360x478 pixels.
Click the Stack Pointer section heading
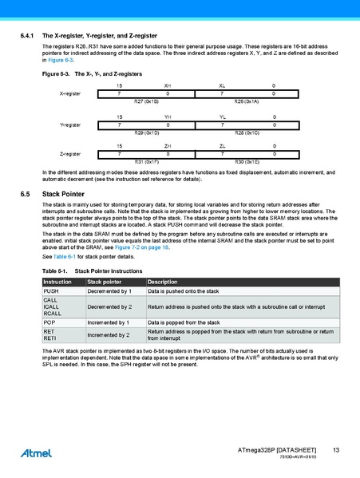tap(64, 194)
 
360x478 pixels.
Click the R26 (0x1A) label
tap(246, 102)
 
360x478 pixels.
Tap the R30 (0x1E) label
tap(246, 161)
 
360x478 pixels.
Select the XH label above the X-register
tap(167, 85)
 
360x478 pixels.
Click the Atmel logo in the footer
tap(37, 453)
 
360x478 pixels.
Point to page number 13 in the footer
tap(337, 452)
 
